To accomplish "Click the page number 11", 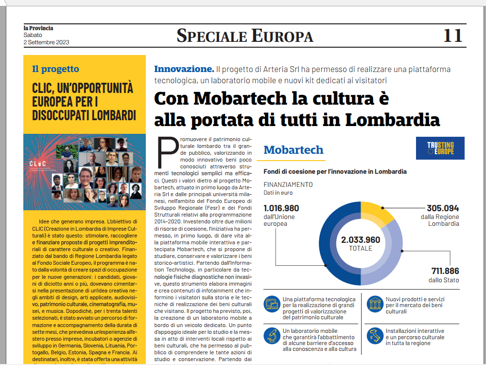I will (x=452, y=36).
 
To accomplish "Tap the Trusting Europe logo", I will (x=440, y=148).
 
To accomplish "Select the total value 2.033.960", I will (x=361, y=239).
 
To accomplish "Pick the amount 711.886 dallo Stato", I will (x=445, y=271).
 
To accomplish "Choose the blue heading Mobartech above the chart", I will (x=293, y=149).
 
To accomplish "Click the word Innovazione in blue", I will (x=184, y=69).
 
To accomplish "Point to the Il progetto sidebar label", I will (x=55, y=69).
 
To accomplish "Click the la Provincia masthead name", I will (x=38, y=28).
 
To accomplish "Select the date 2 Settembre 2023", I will (x=46, y=42).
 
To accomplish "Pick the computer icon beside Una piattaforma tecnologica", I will (x=272, y=304).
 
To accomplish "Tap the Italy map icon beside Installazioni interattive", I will (x=374, y=335).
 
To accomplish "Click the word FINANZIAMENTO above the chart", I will (x=288, y=184).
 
